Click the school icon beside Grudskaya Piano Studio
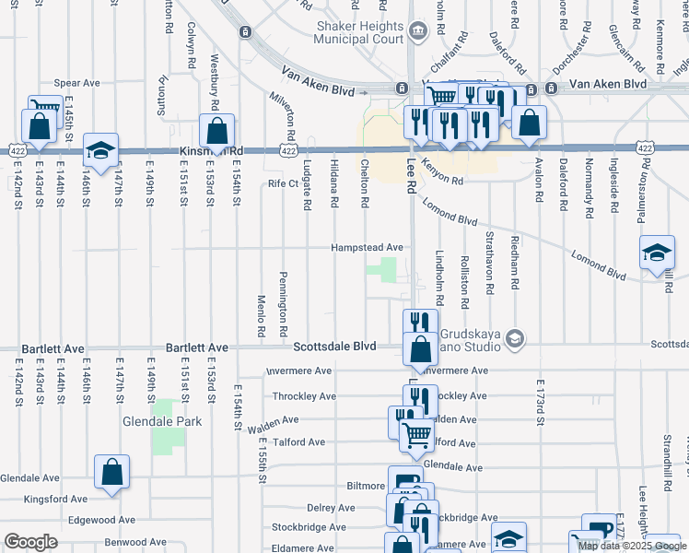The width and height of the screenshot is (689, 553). [x=514, y=340]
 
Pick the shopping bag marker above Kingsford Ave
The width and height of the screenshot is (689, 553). [x=111, y=472]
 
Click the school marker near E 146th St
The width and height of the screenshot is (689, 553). [x=100, y=150]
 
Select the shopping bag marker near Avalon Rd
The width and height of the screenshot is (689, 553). [x=529, y=123]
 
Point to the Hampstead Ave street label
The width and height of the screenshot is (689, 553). [x=368, y=248]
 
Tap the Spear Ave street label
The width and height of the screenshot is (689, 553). [x=76, y=83]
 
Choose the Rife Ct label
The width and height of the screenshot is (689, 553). [x=284, y=183]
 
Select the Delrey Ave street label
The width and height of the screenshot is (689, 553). [x=332, y=508]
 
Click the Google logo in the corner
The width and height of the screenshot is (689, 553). [x=30, y=542]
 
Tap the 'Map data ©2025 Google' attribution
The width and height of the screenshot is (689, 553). [x=632, y=546]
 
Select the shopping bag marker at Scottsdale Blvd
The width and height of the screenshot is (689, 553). [x=420, y=350]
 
